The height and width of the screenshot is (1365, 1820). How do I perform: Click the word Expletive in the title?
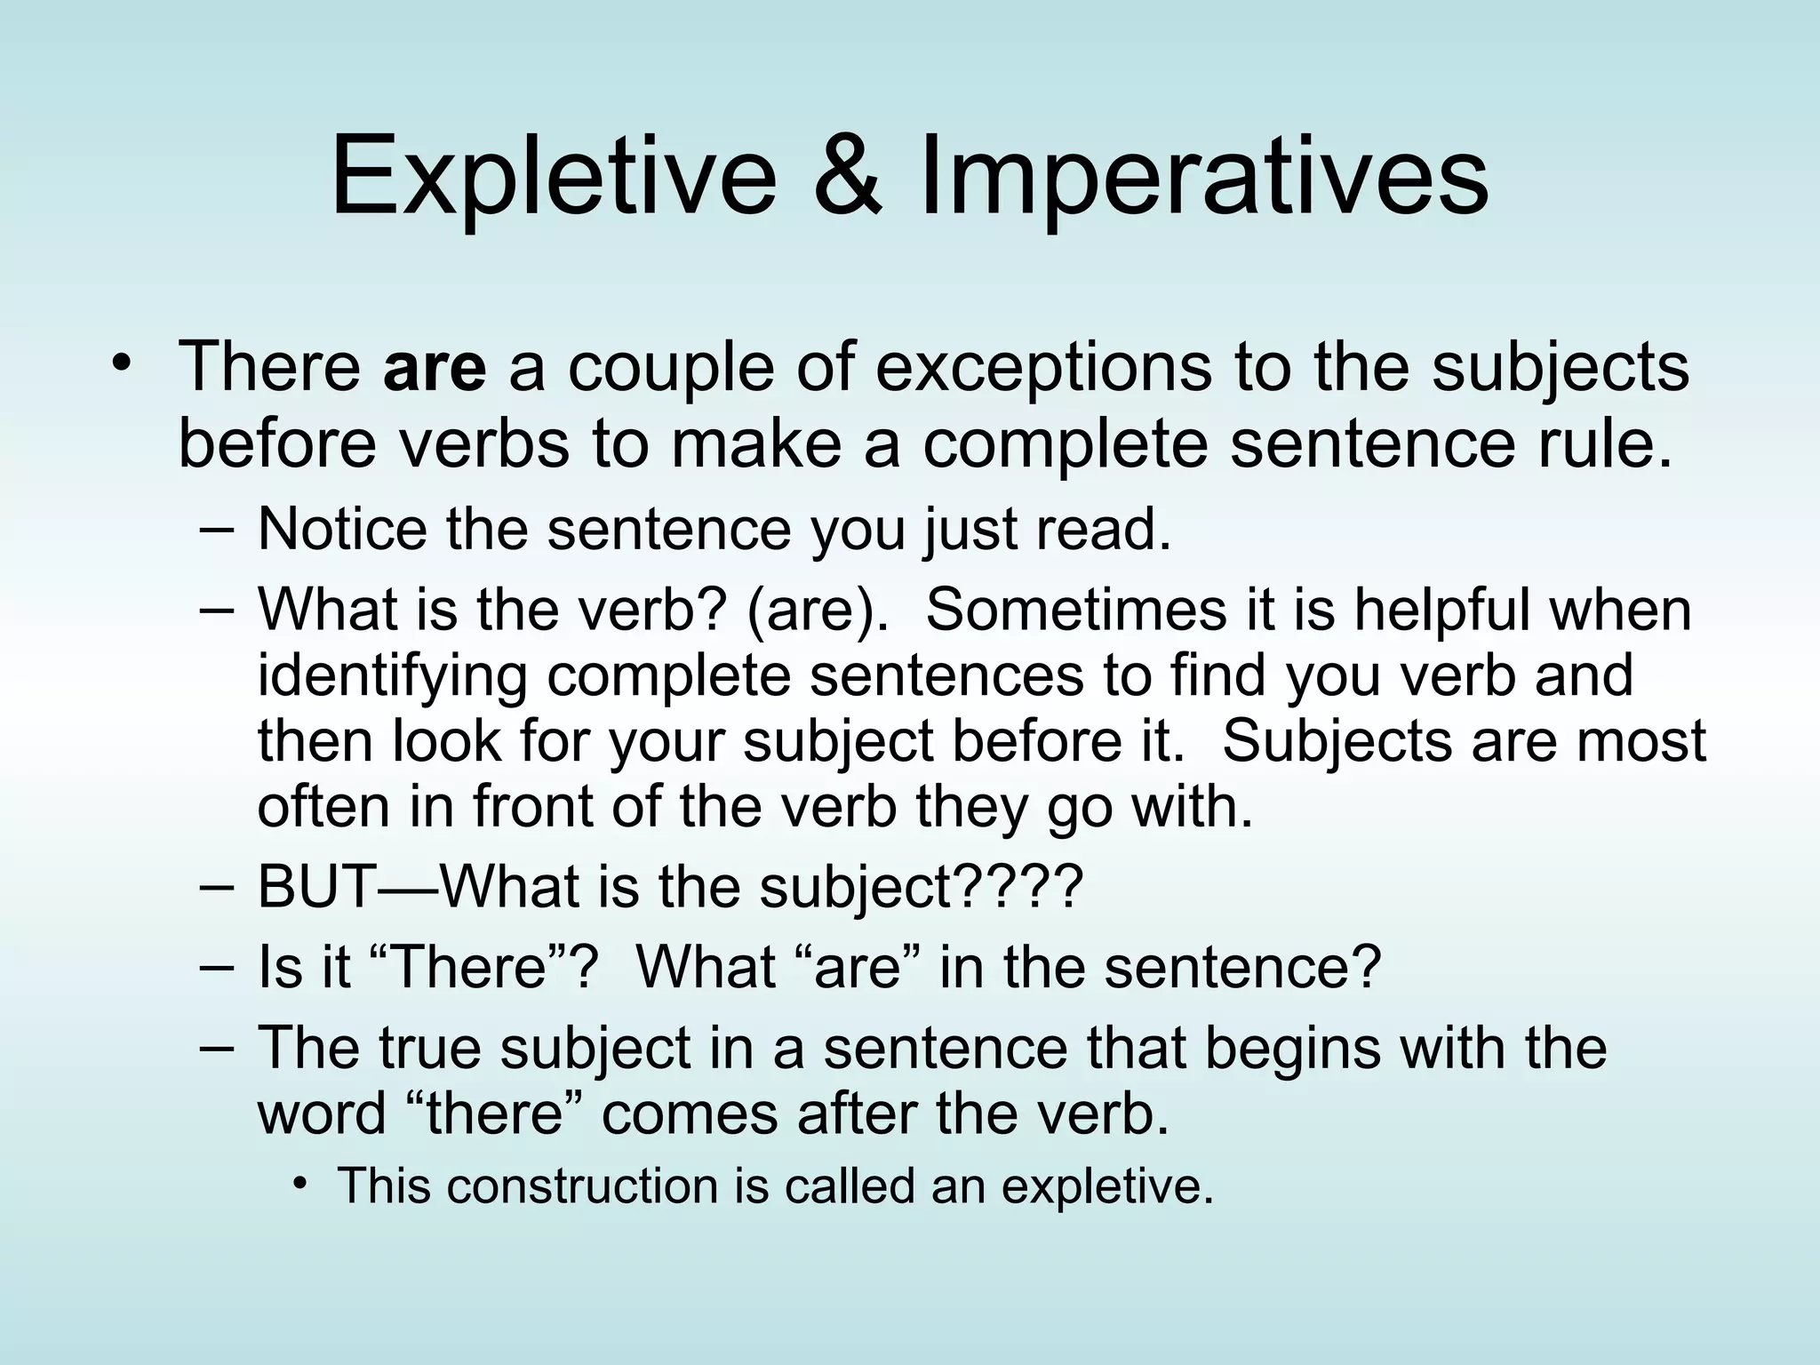[x=553, y=175]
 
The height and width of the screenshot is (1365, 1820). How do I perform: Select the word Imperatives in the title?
[x=1203, y=175]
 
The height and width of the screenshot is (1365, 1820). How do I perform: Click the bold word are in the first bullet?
[x=435, y=368]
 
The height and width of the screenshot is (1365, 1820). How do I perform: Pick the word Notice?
[x=342, y=530]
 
